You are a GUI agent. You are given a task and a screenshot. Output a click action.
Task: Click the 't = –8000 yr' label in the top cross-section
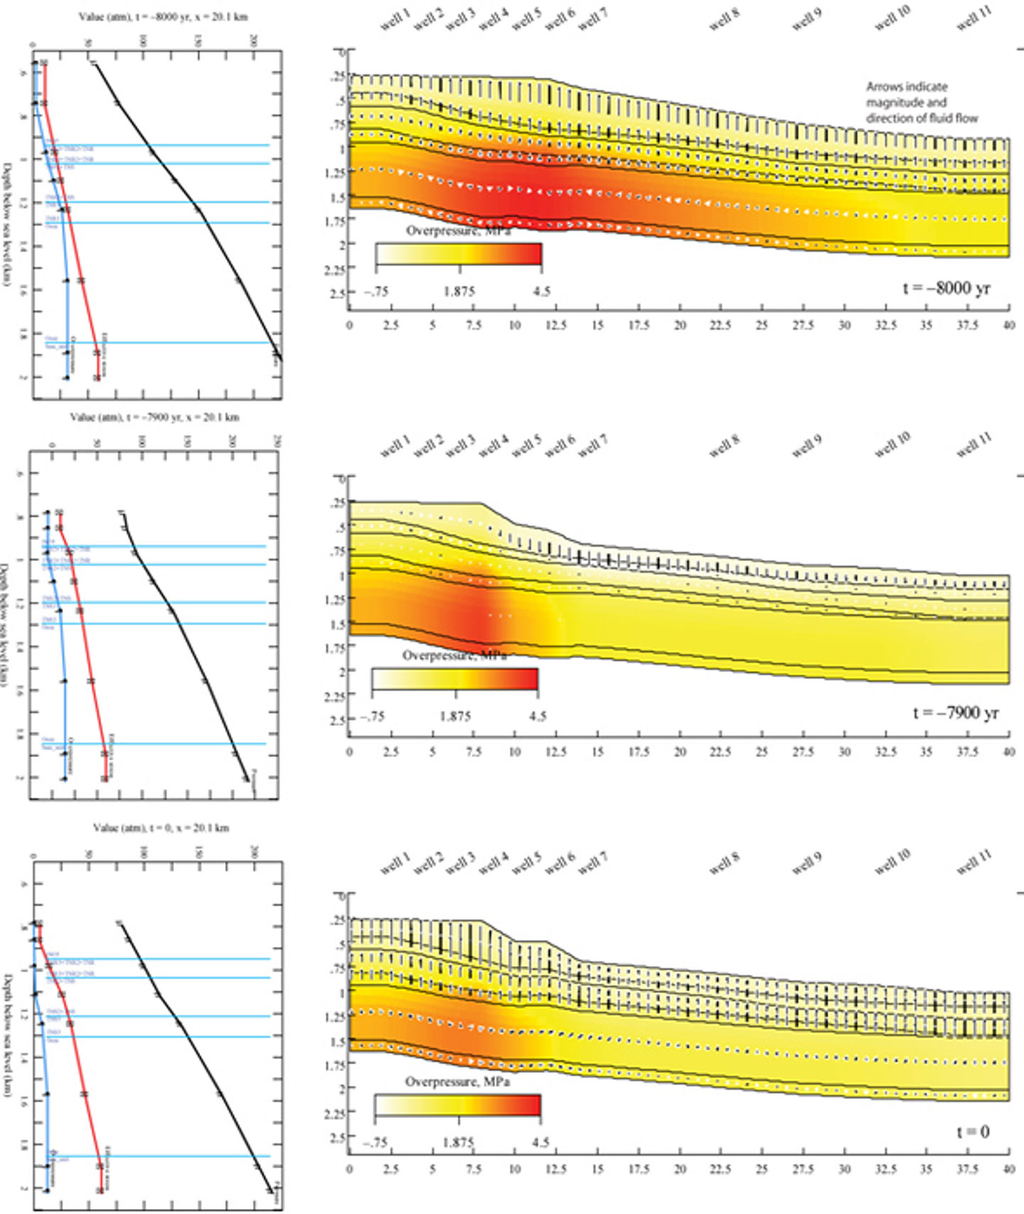pyautogui.click(x=946, y=288)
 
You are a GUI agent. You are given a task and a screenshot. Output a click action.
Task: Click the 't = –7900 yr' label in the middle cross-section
pyautogui.click(x=956, y=712)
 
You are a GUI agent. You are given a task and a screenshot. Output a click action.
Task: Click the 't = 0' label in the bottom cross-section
pyautogui.click(x=973, y=1132)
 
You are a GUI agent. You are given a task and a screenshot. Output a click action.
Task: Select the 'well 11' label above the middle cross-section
pyautogui.click(x=974, y=444)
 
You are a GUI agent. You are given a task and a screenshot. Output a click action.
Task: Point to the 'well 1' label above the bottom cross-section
pyautogui.click(x=395, y=864)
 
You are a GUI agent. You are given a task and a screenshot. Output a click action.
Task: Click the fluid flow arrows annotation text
pyautogui.click(x=922, y=102)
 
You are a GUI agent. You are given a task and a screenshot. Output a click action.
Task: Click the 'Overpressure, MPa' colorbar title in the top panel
pyautogui.click(x=458, y=231)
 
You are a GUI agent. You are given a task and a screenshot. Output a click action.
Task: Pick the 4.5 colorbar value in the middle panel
pyautogui.click(x=538, y=716)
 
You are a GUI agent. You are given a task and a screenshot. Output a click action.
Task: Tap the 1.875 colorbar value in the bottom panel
pyautogui.click(x=458, y=1142)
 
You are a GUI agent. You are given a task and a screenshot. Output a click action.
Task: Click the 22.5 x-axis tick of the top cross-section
pyautogui.click(x=720, y=326)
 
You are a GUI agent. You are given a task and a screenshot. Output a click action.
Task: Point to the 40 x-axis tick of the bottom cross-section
pyautogui.click(x=1008, y=1169)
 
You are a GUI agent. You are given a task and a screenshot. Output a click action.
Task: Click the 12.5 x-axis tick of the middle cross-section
pyautogui.click(x=555, y=751)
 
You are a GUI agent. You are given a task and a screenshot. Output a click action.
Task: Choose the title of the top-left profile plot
pyautogui.click(x=163, y=16)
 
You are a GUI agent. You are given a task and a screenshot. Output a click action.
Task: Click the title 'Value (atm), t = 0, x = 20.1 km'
pyautogui.click(x=161, y=828)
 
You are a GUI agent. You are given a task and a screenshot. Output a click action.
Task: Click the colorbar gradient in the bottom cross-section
pyautogui.click(x=458, y=1105)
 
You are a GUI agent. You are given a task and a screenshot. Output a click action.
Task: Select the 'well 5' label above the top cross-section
pyautogui.click(x=526, y=20)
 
